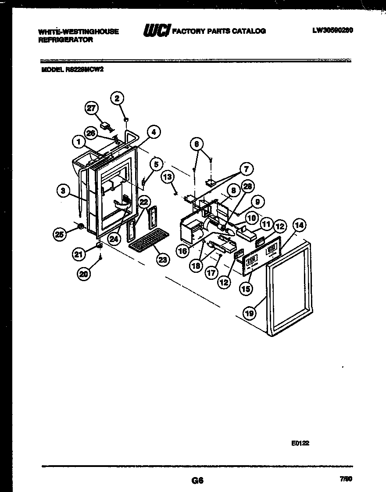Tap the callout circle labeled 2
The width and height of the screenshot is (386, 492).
point(117,98)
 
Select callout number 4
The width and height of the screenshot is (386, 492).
point(154,131)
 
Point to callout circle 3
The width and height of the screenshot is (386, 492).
point(64,190)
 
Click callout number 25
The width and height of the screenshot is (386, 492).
point(59,235)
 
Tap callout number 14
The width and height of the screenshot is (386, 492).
point(299,226)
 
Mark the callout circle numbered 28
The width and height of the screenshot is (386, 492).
point(248,187)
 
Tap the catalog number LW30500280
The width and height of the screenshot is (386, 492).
point(333,30)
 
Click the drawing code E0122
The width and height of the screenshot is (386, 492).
point(300,443)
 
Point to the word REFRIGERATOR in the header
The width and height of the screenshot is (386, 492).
point(66,39)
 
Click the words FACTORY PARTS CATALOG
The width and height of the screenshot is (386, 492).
point(219,31)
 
